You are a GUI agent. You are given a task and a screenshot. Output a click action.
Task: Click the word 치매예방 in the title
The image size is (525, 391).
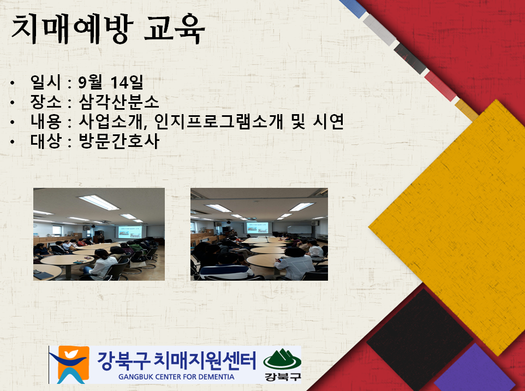[73, 29]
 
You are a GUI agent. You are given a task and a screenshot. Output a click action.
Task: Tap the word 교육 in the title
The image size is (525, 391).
[175, 29]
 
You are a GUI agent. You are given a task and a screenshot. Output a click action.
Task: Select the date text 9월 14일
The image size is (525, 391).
[111, 82]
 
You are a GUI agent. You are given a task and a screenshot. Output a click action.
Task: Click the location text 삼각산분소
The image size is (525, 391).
[119, 102]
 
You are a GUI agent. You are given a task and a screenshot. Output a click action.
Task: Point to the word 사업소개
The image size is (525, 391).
[112, 121]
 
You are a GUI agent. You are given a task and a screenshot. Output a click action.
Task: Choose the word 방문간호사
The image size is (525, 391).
[119, 141]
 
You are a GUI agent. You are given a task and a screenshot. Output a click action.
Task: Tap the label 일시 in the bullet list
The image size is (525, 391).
[45, 82]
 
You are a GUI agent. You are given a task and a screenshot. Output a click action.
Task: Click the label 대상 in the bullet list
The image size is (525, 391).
[45, 141]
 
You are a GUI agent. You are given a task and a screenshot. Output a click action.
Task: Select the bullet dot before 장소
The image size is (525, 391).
[13, 102]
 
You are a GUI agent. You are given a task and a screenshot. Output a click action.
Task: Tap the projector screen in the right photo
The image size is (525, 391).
[257, 228]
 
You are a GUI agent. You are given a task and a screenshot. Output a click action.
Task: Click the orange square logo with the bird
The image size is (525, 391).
[73, 365]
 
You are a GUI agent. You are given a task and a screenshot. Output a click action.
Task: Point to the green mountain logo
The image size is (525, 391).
[282, 359]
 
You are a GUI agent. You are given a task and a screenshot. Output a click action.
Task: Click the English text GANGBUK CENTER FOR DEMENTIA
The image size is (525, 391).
[176, 377]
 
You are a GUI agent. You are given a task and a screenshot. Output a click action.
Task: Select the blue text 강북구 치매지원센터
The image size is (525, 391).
[176, 360]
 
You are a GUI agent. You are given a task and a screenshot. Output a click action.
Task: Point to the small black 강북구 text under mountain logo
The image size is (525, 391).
[282, 377]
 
